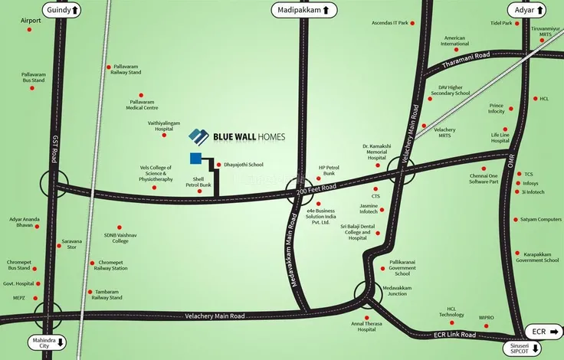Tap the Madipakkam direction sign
click(304, 10)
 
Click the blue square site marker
click(196, 159)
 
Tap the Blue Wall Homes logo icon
click(199, 137)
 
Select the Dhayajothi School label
click(243, 164)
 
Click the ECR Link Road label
click(456, 335)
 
